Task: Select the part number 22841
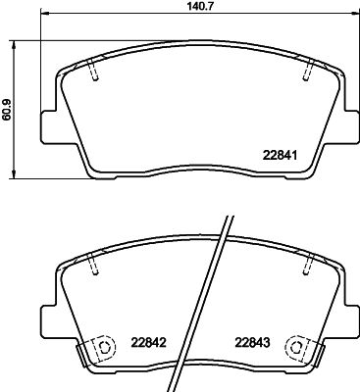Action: click(x=280, y=153)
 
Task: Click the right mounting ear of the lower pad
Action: click(x=346, y=315)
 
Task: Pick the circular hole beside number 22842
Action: click(x=99, y=349)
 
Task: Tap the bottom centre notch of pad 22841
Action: click(x=197, y=178)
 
